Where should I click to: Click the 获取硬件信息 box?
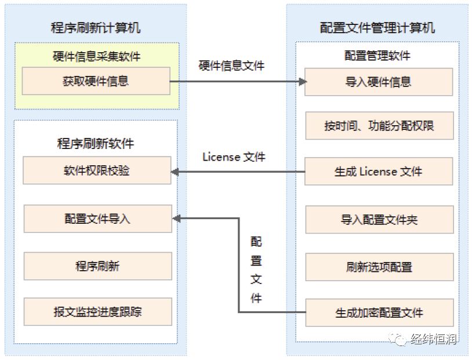(96, 81)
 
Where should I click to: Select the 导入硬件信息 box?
(379, 82)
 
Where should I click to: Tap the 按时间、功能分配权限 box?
(379, 126)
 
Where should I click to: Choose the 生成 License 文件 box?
(379, 171)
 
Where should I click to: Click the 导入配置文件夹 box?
(379, 220)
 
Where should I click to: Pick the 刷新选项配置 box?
(379, 267)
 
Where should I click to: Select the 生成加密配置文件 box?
(379, 312)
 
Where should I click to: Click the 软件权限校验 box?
(97, 170)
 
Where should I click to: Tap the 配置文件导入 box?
(98, 219)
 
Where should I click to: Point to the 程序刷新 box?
(98, 266)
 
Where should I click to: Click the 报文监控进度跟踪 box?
(98, 311)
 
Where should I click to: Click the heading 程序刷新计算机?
(96, 28)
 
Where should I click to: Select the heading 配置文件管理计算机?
(377, 28)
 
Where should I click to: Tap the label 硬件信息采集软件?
(97, 56)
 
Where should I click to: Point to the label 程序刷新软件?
(96, 143)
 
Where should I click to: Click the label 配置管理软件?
(377, 56)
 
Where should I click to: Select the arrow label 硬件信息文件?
(231, 66)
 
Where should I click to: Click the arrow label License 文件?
(234, 157)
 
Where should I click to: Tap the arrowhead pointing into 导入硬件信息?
(303, 82)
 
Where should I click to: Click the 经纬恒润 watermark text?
(434, 339)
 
